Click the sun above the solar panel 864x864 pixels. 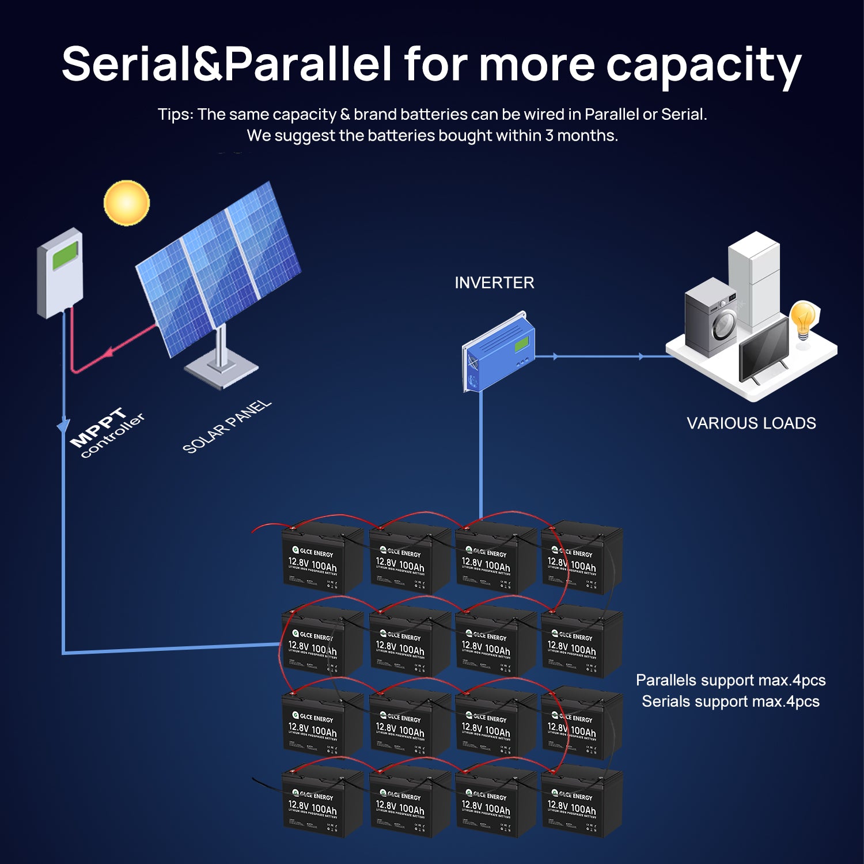coord(126,202)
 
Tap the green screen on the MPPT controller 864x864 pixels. coord(65,256)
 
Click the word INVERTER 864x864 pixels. coord(494,283)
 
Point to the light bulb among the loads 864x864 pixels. coord(803,319)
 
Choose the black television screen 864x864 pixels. coord(763,349)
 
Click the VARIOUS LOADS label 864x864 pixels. coord(751,423)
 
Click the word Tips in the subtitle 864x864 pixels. coord(175,115)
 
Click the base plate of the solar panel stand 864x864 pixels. coord(221,369)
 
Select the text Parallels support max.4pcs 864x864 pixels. coord(730,680)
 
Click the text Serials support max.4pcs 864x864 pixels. coord(730,702)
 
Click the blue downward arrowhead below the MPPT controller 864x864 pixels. coord(63,427)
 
